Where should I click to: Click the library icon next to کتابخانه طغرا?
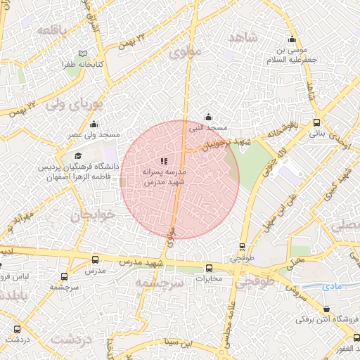tap(83, 54)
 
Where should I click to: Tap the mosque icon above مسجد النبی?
tap(208, 117)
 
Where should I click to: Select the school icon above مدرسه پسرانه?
tap(164, 162)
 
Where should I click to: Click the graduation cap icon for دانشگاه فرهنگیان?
tap(78, 155)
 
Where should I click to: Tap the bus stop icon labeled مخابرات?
tap(209, 268)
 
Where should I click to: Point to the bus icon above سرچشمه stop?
tap(65, 277)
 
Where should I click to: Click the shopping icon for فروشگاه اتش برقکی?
tap(326, 309)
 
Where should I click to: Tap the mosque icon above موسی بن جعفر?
tap(292, 39)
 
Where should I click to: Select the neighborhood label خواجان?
tap(86, 215)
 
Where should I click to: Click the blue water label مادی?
tap(331, 287)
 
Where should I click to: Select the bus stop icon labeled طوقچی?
tap(242, 247)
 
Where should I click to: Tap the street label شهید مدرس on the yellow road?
tap(146, 262)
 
